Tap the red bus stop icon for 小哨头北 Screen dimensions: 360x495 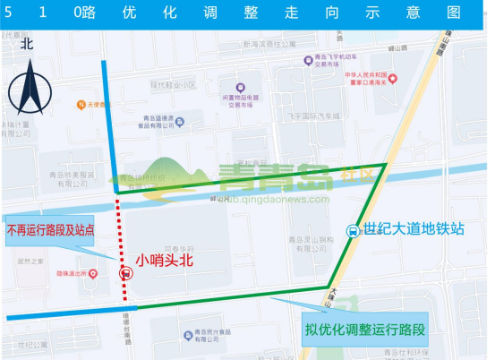pyautogui.click(x=123, y=274)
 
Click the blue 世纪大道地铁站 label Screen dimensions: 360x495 pyautogui.click(x=414, y=228)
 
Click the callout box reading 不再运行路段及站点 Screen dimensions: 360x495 pyautogui.click(x=63, y=229)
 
